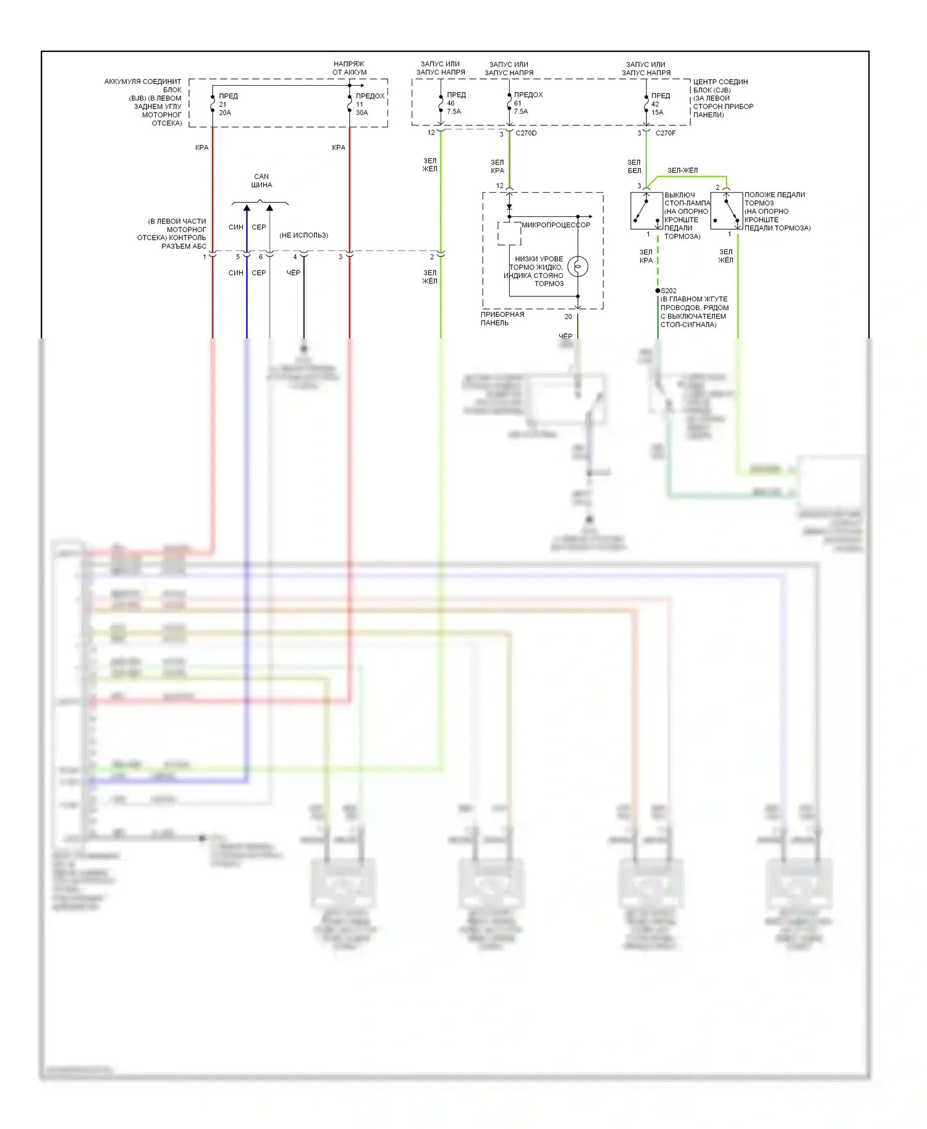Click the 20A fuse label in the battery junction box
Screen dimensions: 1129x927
point(225,113)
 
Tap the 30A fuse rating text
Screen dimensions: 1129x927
point(362,113)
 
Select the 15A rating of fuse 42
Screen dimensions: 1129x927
point(657,112)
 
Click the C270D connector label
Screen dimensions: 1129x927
point(526,133)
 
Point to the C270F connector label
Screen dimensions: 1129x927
point(666,133)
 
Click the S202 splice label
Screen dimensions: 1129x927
point(669,291)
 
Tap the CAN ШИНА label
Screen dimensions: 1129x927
point(261,181)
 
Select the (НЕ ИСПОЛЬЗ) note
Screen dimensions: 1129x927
point(303,235)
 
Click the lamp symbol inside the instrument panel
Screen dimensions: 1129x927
point(578,267)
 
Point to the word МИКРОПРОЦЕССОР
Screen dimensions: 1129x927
point(556,225)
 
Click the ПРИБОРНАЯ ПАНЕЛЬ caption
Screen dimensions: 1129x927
point(502,319)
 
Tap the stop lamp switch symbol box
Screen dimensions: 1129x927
point(646,211)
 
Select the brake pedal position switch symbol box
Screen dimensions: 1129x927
point(726,211)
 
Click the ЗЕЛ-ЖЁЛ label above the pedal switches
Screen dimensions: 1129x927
point(682,171)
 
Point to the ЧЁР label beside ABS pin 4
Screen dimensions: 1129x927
point(294,273)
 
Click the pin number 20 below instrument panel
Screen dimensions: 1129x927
point(568,317)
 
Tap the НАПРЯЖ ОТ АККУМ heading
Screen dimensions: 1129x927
point(349,68)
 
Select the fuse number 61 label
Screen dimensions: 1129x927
point(517,103)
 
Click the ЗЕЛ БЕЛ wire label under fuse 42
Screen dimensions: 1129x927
point(634,167)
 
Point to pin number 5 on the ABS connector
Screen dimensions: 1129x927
point(238,257)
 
